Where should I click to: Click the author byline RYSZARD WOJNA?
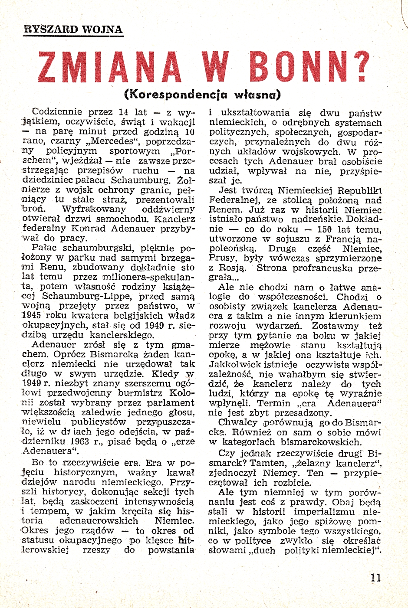pyautogui.click(x=73, y=29)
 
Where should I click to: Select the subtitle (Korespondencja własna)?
pyautogui.click(x=203, y=94)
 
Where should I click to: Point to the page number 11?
pyautogui.click(x=376, y=577)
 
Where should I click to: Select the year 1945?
pyautogui.click(x=31, y=316)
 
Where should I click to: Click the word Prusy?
pyautogui.click(x=223, y=258)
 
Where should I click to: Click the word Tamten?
pyautogui.click(x=263, y=463)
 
